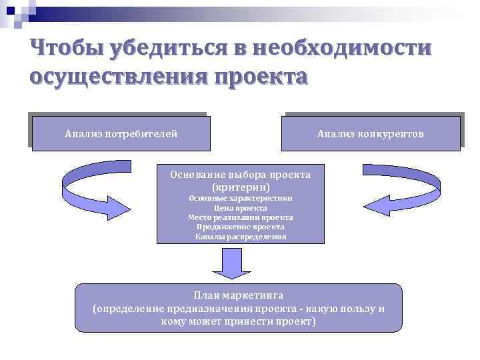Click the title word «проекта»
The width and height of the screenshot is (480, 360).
coord(259,77)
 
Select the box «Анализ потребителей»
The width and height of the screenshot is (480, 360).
coord(121,134)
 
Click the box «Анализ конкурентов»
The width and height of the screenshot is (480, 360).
coord(371,134)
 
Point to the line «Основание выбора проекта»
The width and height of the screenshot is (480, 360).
coord(240,175)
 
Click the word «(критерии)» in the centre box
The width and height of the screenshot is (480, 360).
coord(241,187)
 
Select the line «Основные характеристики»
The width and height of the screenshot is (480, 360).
coord(241,198)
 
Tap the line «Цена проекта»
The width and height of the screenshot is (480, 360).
coord(241,208)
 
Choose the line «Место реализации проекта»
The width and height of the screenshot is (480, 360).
coord(241,217)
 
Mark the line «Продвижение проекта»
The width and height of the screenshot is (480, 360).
coord(241,227)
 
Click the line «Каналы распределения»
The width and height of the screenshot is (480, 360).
coord(241,237)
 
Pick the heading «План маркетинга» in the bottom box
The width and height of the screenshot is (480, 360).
coord(239,295)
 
